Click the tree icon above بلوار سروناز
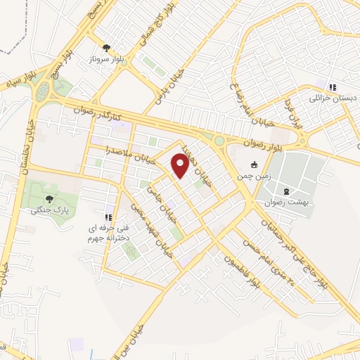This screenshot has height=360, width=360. (106, 49)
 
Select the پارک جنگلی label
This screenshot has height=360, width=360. (45, 210)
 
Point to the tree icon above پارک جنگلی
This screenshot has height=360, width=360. (48, 198)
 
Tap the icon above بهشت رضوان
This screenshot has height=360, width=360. (285, 190)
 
